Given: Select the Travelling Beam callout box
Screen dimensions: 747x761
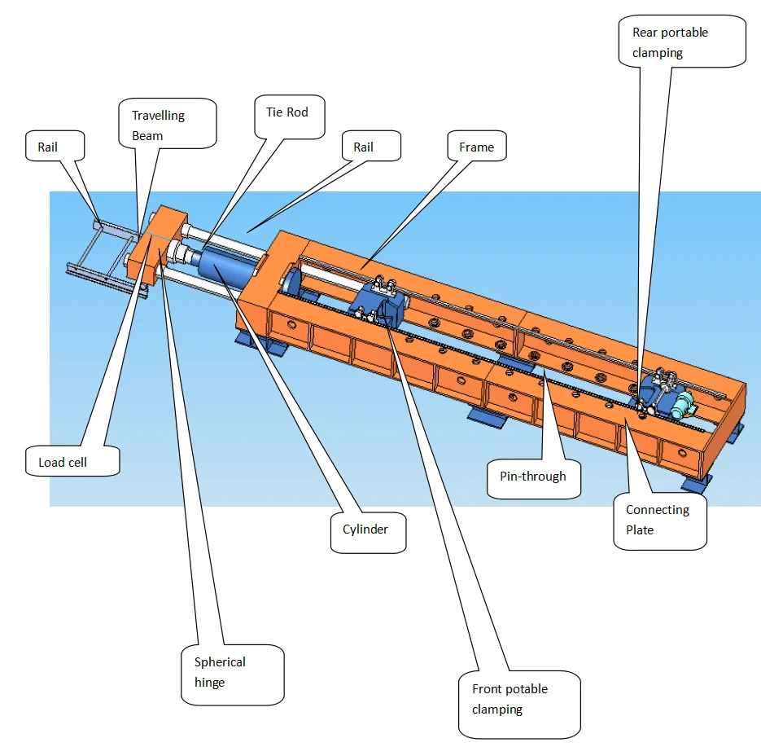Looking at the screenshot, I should pyautogui.click(x=168, y=125).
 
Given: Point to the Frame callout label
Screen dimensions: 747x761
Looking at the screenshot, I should pyautogui.click(x=477, y=147).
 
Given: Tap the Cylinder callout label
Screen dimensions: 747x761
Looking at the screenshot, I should pyautogui.click(x=366, y=529).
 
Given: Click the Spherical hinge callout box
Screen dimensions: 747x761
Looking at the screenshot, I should pyautogui.click(x=232, y=673).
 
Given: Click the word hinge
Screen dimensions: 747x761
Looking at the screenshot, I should pyautogui.click(x=209, y=683).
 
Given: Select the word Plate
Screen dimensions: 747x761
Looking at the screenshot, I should pyautogui.click(x=640, y=530).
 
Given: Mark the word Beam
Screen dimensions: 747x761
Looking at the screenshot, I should pyautogui.click(x=147, y=136).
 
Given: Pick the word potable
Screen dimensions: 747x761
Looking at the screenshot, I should pyautogui.click(x=526, y=689).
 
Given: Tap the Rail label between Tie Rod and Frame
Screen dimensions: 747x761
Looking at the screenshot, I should pyautogui.click(x=364, y=147).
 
